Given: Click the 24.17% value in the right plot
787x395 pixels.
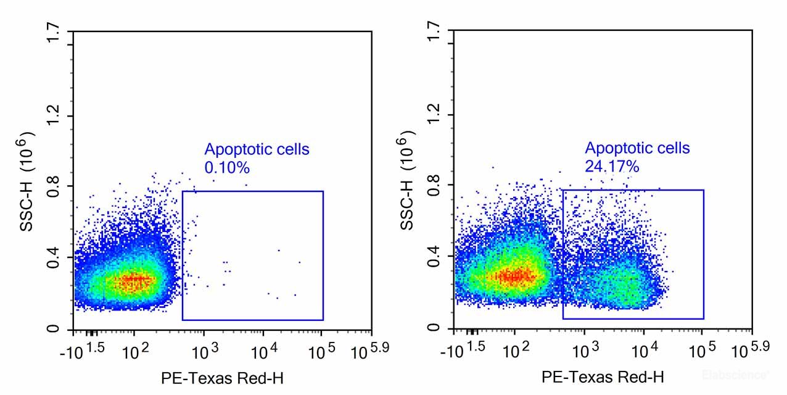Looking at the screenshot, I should pos(612,166).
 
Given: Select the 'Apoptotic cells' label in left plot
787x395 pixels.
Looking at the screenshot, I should pos(257,149).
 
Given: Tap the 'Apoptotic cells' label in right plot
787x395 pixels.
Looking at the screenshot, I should pos(637,148).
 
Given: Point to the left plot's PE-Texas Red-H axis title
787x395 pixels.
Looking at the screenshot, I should pos(223,377).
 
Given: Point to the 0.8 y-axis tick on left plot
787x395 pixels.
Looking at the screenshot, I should pos(54,186).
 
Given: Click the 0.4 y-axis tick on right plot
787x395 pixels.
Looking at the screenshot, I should pos(435,256).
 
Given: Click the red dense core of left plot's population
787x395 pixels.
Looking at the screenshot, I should pos(133,281).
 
